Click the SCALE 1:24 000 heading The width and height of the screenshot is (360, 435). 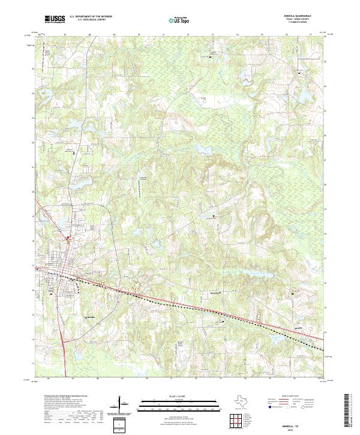tap(179, 397)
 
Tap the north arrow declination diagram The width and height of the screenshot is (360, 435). tap(124, 405)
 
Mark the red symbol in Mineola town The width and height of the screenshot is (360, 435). tap(68, 238)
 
